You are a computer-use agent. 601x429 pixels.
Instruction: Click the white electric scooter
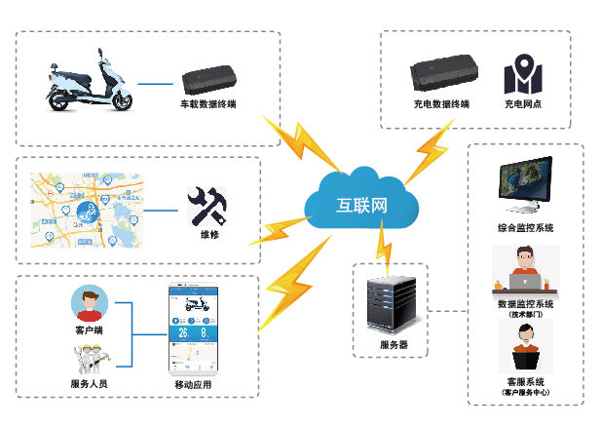(x=84, y=82)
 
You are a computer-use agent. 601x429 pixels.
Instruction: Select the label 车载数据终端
(x=207, y=102)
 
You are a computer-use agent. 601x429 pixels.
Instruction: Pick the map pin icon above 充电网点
(x=522, y=77)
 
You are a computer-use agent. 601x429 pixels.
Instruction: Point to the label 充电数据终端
(x=441, y=102)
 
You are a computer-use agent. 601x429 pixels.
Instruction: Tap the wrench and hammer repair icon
(x=207, y=205)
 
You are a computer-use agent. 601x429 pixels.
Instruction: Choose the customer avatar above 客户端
(x=89, y=304)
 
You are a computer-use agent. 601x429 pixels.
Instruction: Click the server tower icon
(x=394, y=302)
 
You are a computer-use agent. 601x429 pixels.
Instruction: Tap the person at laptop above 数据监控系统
(x=524, y=270)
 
